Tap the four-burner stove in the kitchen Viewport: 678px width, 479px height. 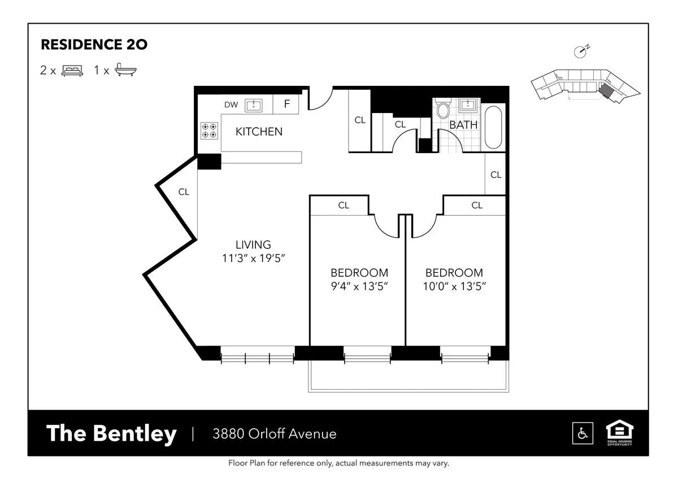(208, 130)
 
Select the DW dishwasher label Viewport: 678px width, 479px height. (231, 104)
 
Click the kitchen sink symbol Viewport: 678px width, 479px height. (253, 104)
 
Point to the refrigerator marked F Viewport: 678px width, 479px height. (286, 104)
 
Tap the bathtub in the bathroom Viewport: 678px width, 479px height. (493, 127)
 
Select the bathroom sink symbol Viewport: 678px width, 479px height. (468, 106)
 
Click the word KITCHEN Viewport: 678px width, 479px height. (259, 132)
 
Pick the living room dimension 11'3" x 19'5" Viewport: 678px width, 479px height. (253, 258)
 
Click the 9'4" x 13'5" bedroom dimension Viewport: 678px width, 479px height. (359, 286)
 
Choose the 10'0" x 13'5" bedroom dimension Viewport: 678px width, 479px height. (454, 286)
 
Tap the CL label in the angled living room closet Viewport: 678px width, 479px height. (184, 192)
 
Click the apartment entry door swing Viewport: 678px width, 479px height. (318, 99)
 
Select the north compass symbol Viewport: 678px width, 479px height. (581, 51)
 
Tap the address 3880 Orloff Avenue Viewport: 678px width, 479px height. (274, 434)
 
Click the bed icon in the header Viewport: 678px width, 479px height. (72, 71)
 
